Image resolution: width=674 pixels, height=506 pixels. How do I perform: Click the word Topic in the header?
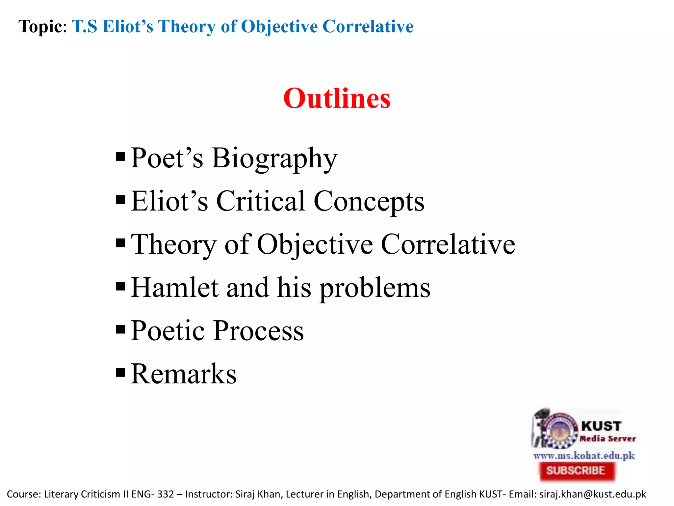click(x=40, y=26)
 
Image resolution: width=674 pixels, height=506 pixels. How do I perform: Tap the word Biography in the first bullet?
click(x=274, y=158)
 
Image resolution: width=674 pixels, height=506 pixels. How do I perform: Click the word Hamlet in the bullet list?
click(x=174, y=287)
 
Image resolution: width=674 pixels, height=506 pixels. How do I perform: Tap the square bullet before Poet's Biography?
click(x=120, y=156)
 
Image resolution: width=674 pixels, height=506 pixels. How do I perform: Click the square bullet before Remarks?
click(x=120, y=372)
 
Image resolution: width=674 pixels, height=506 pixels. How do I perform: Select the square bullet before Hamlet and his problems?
click(x=120, y=286)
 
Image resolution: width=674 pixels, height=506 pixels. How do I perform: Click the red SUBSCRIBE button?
click(x=576, y=470)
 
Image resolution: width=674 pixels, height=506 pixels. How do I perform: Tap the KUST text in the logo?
click(x=601, y=426)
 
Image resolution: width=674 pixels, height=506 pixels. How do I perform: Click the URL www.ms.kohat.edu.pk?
click(x=584, y=456)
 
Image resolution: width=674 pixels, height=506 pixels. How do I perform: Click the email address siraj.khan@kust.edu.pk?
click(x=592, y=494)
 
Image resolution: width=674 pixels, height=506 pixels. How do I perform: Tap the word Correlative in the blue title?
click(x=368, y=26)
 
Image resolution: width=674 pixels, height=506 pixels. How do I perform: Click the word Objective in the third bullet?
click(x=315, y=244)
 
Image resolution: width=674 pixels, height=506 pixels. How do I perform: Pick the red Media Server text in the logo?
click(x=608, y=438)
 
